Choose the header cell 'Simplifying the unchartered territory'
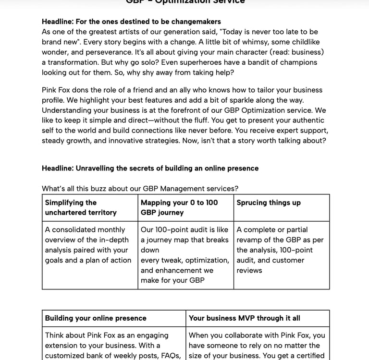coord(90,207)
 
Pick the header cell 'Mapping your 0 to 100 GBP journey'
coord(185,207)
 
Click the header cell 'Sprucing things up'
coord(282,207)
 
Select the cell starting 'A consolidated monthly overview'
coord(90,255)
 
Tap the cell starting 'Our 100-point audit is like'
coord(185,255)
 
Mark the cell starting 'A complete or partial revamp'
coord(282,255)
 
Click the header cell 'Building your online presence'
coord(114,318)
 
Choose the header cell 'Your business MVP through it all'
coord(258,318)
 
